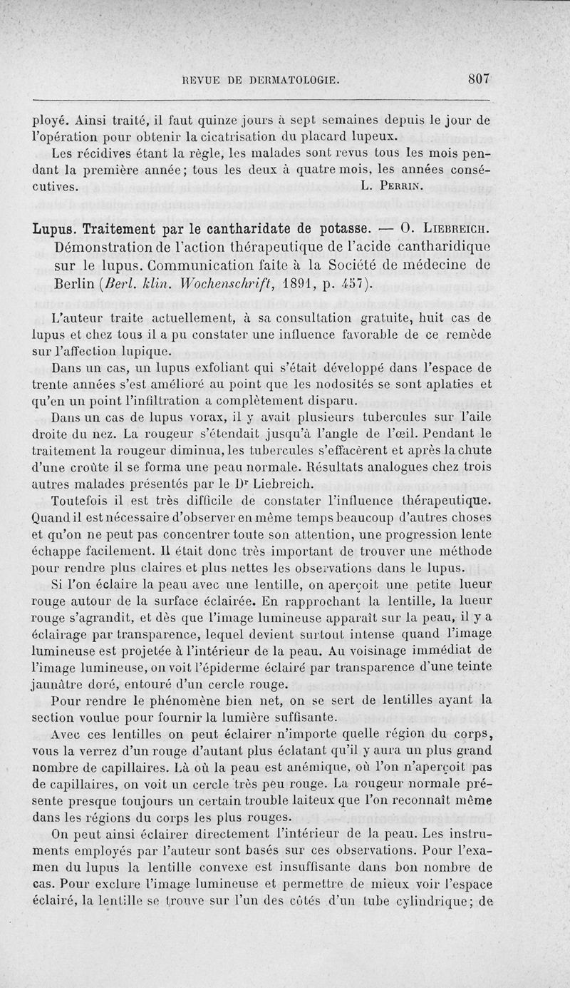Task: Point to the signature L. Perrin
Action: [391, 188]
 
